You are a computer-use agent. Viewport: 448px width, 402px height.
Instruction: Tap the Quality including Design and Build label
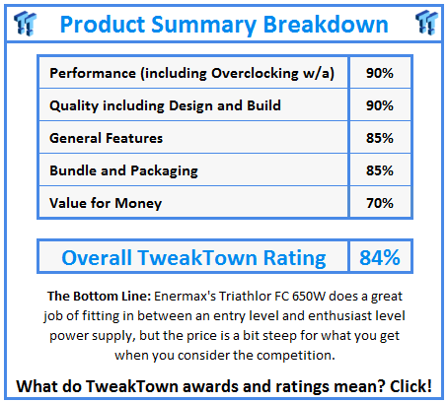click(x=164, y=105)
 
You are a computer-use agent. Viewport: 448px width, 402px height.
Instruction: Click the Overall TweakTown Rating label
click(x=193, y=258)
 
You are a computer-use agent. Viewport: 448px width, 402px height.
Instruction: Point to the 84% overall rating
click(x=379, y=258)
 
